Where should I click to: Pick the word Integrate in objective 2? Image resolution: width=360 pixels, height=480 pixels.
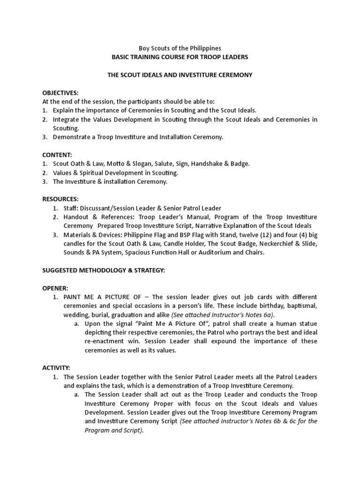(x=67, y=120)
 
